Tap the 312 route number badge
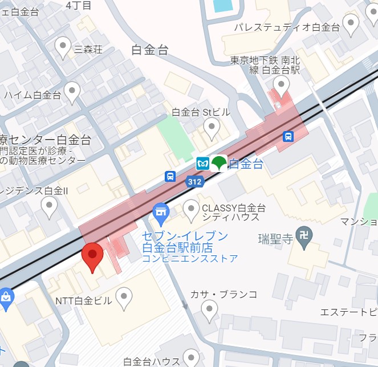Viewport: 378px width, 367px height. click(x=194, y=181)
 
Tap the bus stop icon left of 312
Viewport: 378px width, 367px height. click(x=170, y=177)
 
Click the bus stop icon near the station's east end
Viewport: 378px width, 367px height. click(x=288, y=136)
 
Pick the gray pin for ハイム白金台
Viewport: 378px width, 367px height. click(x=72, y=91)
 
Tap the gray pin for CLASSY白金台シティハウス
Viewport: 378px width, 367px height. click(x=191, y=209)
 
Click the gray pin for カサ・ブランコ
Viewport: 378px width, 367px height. click(x=210, y=309)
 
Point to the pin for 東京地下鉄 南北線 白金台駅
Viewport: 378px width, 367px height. click(x=281, y=85)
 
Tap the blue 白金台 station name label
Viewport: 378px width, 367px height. click(x=246, y=165)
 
